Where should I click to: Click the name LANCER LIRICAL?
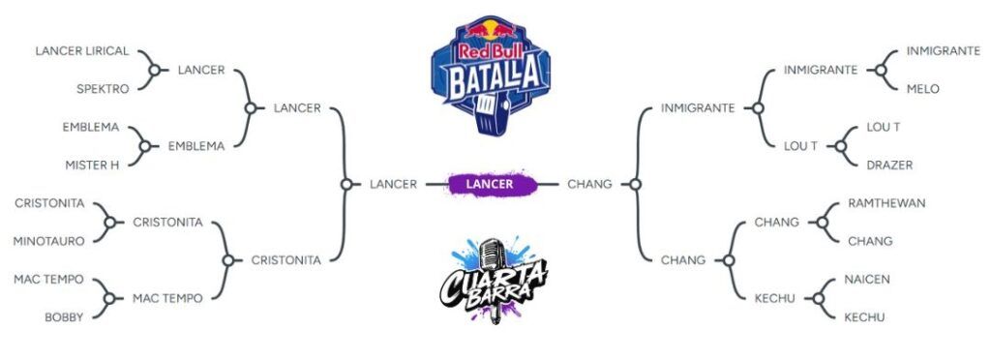(82, 51)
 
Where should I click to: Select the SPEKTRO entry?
(103, 89)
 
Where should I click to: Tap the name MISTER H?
(92, 165)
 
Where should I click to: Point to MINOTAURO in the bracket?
(48, 241)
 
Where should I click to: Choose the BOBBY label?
(64, 317)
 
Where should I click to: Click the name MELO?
(922, 89)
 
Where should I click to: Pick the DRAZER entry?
(890, 165)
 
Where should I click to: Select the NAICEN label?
(866, 279)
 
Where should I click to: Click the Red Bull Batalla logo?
(491, 75)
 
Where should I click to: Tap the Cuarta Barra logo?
(494, 281)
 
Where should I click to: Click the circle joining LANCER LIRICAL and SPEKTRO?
(154, 70)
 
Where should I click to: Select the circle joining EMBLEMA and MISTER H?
(145, 146)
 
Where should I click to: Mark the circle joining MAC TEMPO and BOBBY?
(109, 298)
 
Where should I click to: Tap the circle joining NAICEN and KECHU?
(819, 298)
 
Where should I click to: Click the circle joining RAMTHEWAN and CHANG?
(823, 222)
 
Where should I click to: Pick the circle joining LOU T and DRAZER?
(841, 146)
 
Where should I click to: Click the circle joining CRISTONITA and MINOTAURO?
(110, 222)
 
